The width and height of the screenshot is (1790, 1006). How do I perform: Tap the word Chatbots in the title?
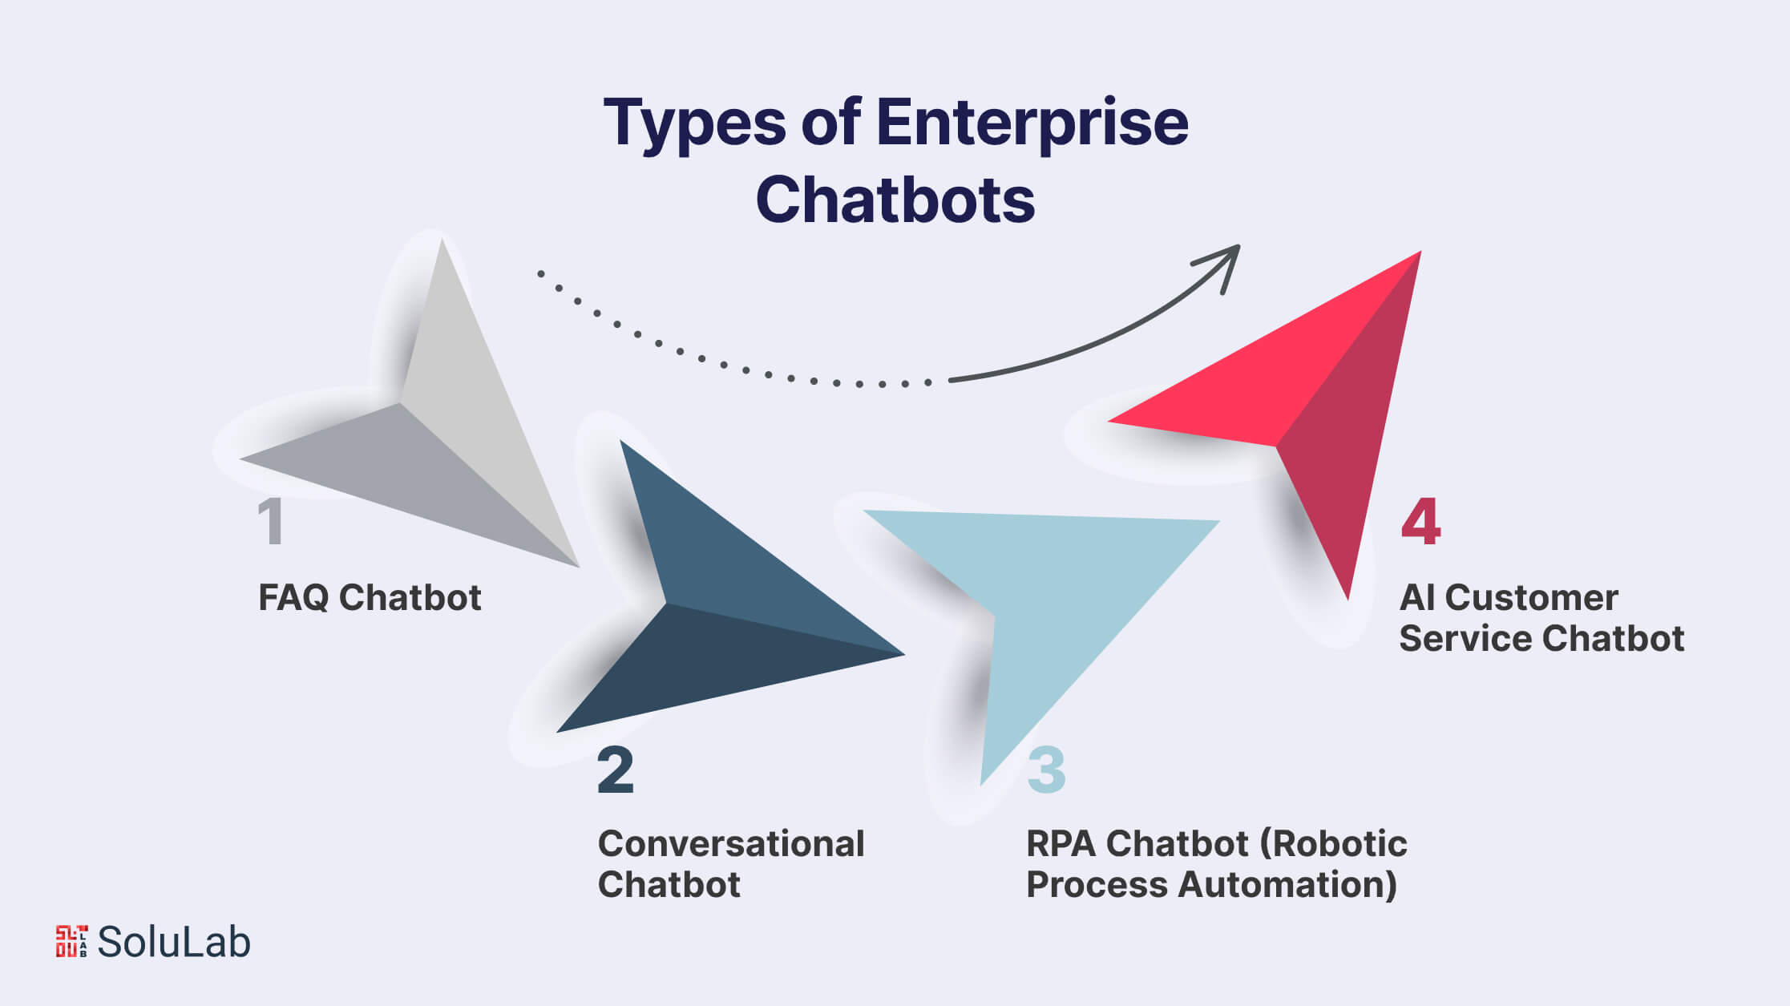(x=895, y=200)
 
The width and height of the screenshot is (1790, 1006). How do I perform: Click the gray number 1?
(x=271, y=522)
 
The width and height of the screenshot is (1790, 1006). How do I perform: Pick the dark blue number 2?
(x=616, y=770)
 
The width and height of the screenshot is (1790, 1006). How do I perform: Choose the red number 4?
(x=1420, y=522)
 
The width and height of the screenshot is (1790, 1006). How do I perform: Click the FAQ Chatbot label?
(x=370, y=598)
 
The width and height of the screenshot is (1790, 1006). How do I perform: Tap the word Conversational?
(x=731, y=844)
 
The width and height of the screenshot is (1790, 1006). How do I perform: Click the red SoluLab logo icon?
(x=71, y=941)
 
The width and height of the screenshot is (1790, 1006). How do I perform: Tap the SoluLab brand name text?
(x=173, y=942)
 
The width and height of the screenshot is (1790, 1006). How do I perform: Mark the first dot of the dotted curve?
(x=541, y=273)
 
